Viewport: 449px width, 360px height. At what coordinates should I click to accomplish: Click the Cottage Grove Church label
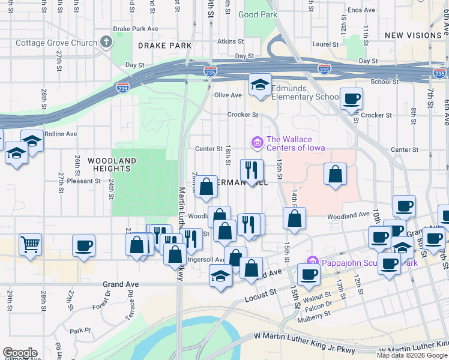[56, 43]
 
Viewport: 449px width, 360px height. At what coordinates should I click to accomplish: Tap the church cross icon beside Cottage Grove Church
[106, 42]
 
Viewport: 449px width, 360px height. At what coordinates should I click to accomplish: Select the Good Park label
[258, 14]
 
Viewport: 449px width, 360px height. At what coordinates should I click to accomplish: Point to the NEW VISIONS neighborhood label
[413, 35]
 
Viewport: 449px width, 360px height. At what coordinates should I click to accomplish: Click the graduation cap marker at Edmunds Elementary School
[261, 85]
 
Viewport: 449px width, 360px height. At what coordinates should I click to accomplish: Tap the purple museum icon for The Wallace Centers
[257, 143]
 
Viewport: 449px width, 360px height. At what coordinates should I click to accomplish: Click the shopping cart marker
[30, 244]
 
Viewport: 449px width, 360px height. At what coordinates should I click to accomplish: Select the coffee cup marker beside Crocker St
[351, 98]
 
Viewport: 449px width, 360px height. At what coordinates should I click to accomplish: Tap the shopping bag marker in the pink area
[335, 174]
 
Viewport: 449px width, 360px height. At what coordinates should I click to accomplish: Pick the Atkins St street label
[231, 42]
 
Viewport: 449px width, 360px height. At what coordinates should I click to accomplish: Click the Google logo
[20, 353]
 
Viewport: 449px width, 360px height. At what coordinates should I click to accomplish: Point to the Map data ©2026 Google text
[412, 355]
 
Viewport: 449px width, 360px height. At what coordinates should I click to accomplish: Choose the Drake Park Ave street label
[136, 28]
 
